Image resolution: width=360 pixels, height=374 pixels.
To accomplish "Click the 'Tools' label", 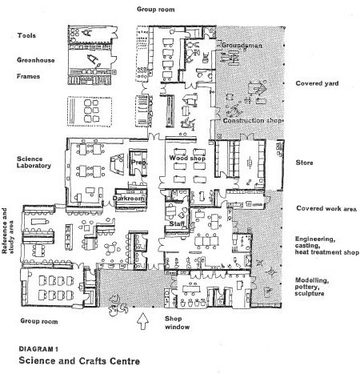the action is point(26,35).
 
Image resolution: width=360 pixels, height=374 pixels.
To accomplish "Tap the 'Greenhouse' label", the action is point(36,60).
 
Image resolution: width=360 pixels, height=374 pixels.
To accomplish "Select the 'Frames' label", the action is point(28,76).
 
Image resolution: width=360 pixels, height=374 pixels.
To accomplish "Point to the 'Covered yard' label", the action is point(317,83).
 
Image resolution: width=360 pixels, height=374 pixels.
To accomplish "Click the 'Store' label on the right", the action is point(304,163).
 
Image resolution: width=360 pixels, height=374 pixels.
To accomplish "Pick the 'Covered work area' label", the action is point(326,208).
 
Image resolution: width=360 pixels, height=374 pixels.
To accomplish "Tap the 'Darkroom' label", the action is point(128,199).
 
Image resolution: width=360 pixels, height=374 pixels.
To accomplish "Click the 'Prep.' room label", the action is point(139,163).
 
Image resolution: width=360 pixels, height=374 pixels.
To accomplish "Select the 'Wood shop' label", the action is point(187,158).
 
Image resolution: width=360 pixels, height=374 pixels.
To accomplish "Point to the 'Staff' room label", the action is point(177,223).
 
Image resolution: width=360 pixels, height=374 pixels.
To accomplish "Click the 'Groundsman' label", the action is point(242,46).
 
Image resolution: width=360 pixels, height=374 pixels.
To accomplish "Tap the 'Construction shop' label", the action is point(252,121).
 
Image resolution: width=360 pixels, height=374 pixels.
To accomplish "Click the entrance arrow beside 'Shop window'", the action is point(142,321).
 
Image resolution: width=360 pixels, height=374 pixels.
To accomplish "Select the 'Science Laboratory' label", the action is point(34,163).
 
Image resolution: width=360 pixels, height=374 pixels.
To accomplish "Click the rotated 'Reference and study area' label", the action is point(8,231).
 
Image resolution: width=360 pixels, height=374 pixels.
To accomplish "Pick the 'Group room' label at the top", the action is point(156,10).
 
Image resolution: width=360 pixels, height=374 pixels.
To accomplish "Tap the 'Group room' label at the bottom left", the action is point(39,321).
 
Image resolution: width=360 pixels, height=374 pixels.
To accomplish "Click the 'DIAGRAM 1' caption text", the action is point(38,349).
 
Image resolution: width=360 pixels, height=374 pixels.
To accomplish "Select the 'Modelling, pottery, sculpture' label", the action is point(311,287).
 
